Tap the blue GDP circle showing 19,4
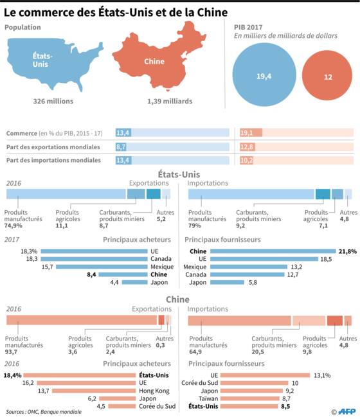[264, 75]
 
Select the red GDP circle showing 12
[327, 76]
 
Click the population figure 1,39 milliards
[170, 102]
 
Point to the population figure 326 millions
[53, 102]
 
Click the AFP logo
[344, 411]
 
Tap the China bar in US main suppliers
[273, 251]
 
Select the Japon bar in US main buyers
[135, 282]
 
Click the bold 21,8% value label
[348, 251]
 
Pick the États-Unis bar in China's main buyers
[80, 375]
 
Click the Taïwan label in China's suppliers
[208, 398]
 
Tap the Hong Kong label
[154, 391]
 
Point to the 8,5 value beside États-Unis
[285, 406]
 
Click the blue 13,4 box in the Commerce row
[123, 132]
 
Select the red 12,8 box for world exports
[248, 147]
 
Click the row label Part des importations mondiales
[53, 160]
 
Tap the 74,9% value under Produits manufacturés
[14, 226]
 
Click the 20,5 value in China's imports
[258, 352]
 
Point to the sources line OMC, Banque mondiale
[44, 412]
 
